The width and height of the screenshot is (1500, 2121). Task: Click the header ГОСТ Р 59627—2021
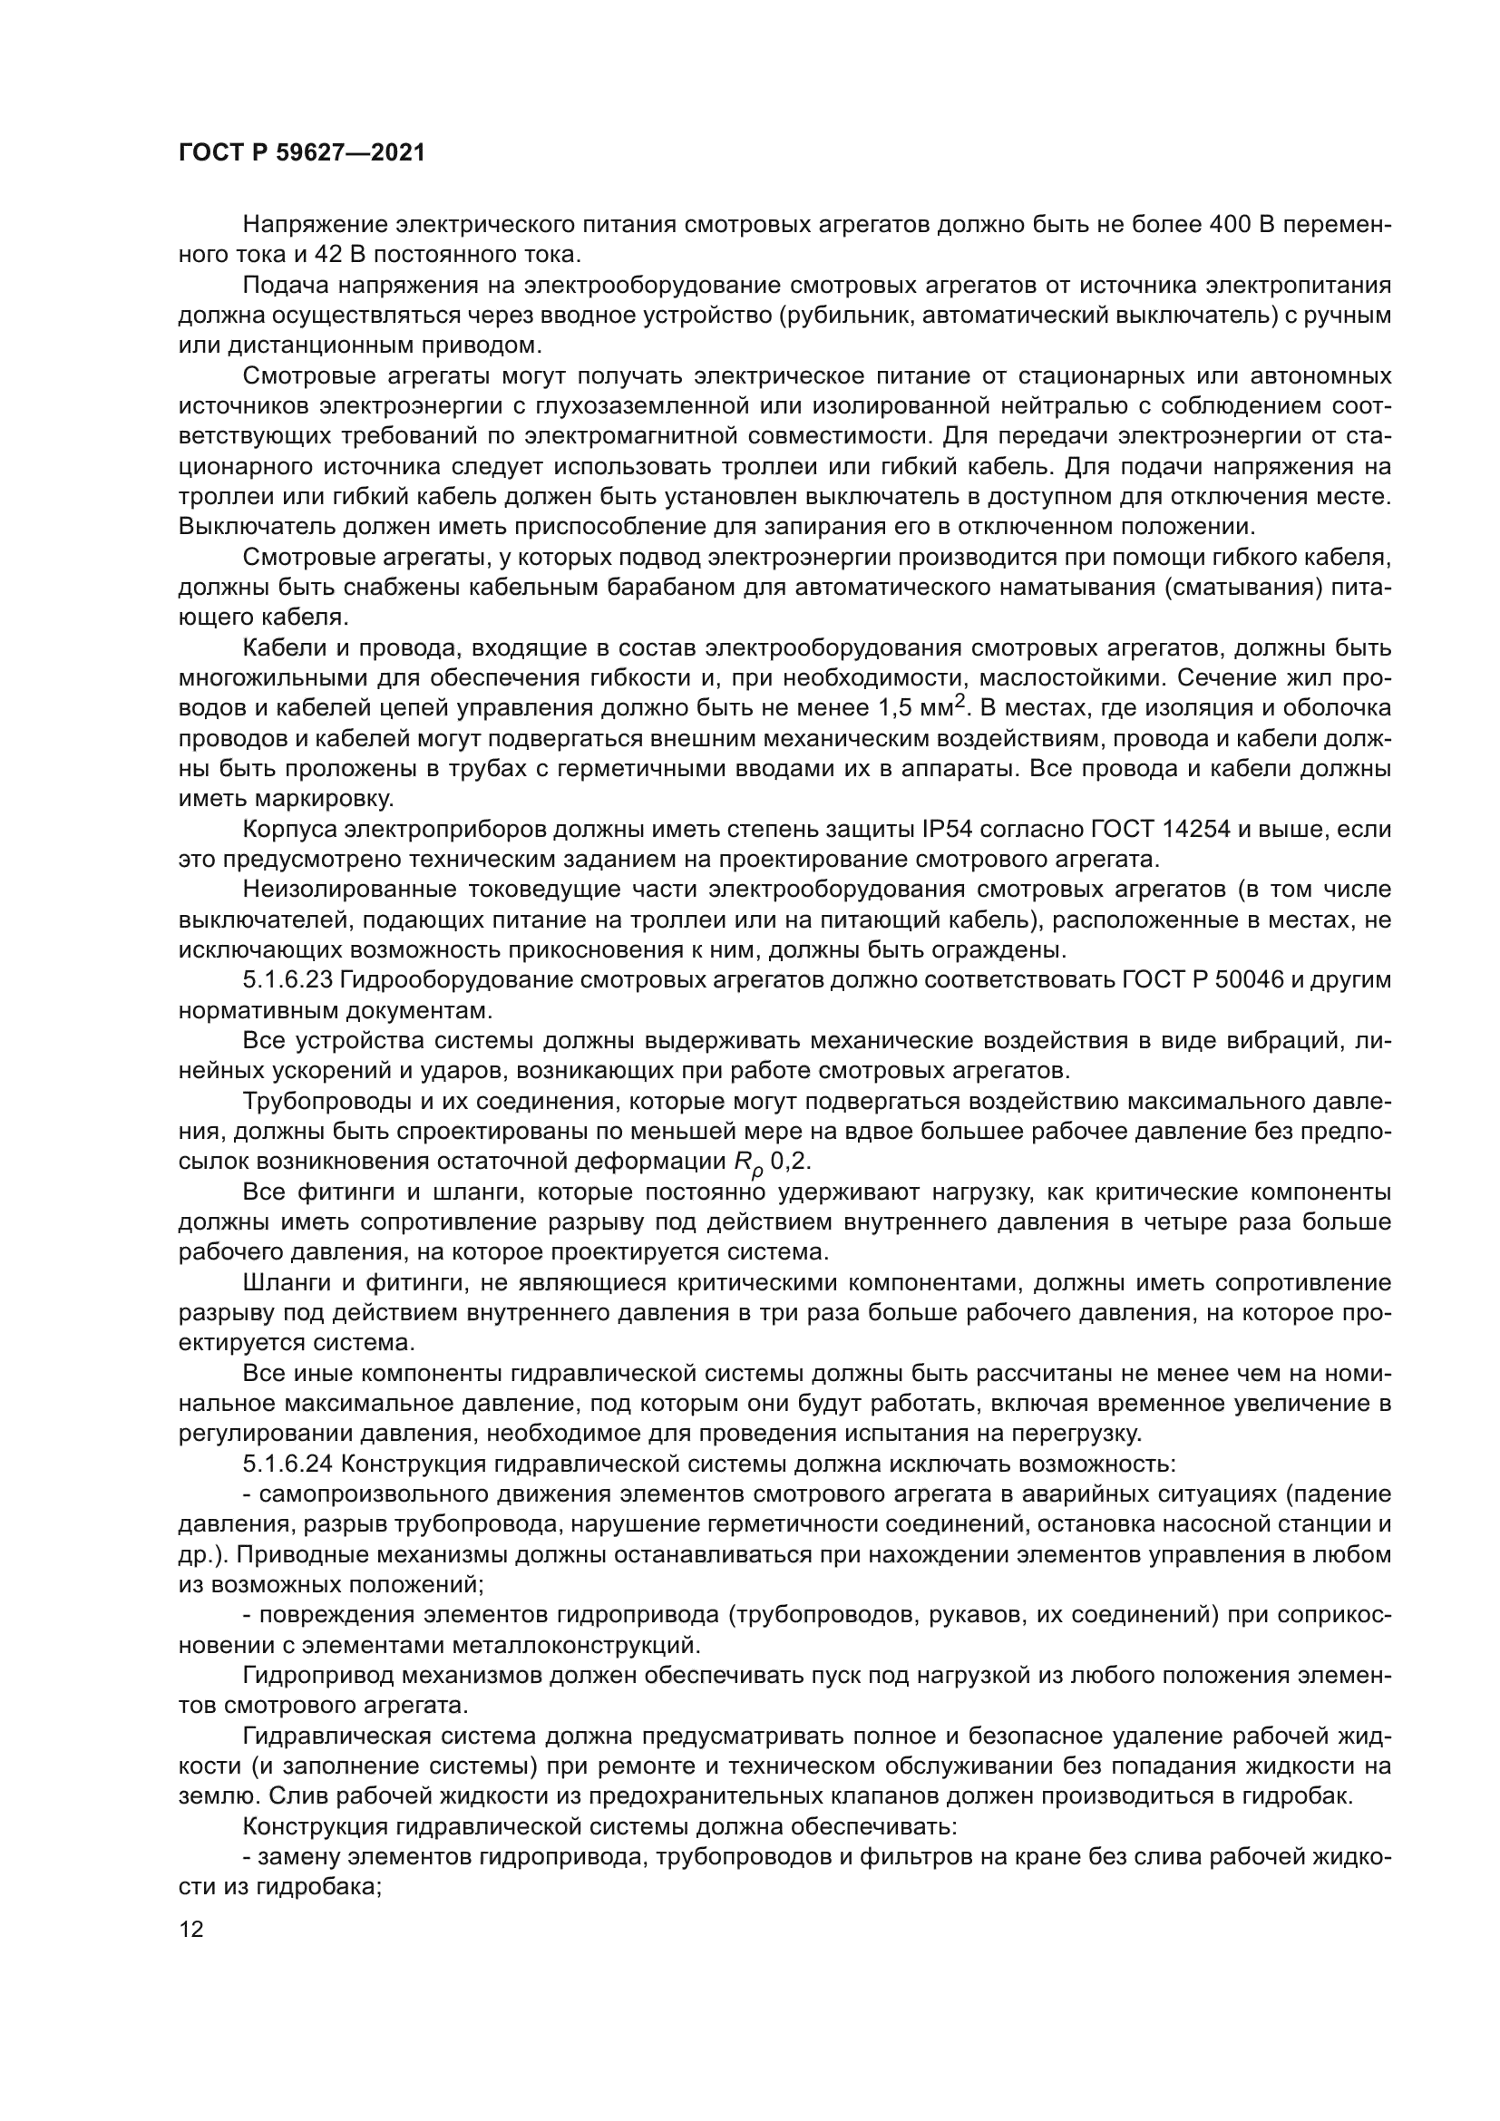[301, 152]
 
